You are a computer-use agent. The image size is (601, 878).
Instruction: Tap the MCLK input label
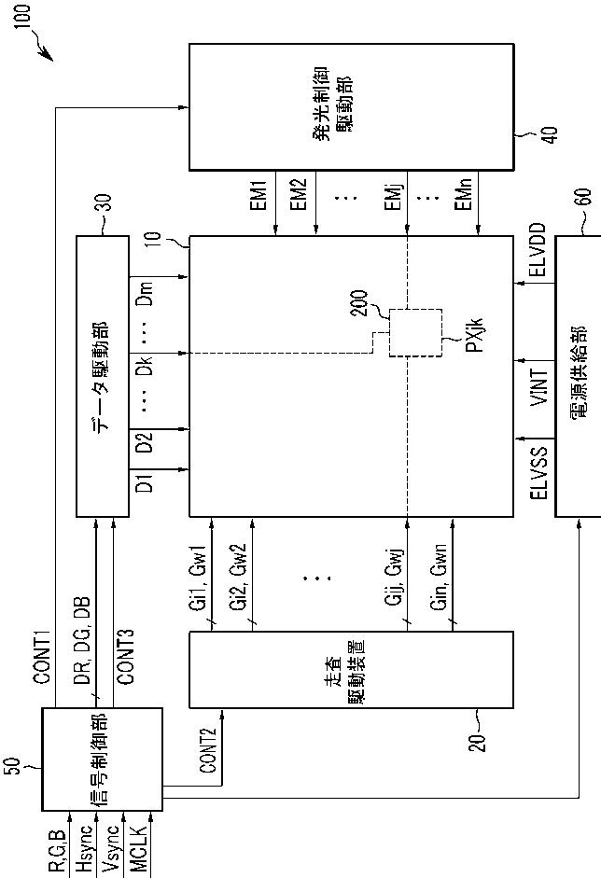click(x=139, y=846)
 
